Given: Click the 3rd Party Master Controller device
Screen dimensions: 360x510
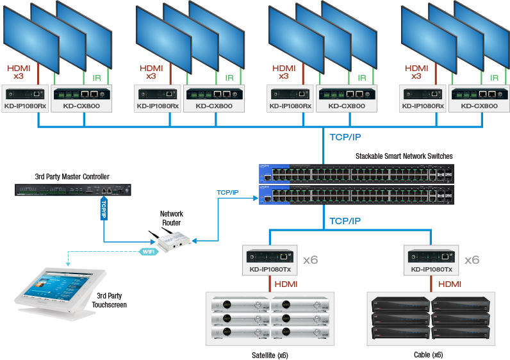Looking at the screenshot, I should pos(74,190).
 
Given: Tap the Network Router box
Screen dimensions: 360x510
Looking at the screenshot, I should pos(169,240).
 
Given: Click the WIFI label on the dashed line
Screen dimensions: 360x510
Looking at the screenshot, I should pos(147,252).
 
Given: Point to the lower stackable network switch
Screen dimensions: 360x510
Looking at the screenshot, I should pos(356,194).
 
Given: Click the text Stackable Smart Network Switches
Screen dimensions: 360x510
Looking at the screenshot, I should pos(404,156).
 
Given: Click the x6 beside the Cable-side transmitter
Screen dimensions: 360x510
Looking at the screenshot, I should pos(472,260).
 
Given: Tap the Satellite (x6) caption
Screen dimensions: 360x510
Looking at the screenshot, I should pos(270,354).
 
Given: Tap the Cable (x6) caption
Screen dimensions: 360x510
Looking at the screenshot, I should pos(428,354).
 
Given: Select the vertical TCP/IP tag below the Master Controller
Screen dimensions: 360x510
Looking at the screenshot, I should pos(104,209).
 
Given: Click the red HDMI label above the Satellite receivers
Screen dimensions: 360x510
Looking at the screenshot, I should pos(286,284).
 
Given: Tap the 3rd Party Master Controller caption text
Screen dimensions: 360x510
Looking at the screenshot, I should pos(72,177).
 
